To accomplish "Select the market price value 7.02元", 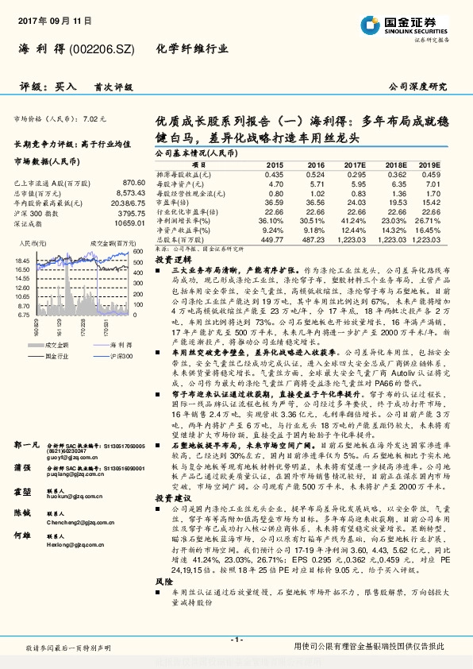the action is [93, 118].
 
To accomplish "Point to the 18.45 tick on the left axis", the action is [22, 260].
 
